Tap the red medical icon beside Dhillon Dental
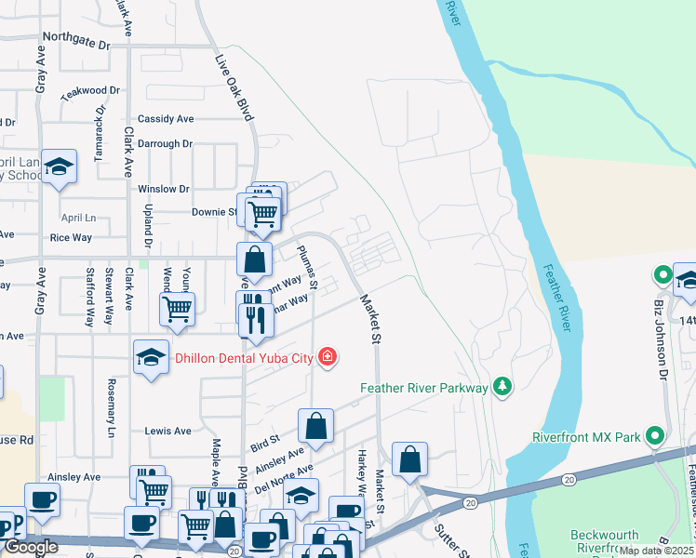tap(327, 356)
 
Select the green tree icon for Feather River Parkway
tap(502, 386)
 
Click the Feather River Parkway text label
tap(424, 388)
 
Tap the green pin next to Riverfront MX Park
tap(655, 435)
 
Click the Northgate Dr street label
tap(76, 38)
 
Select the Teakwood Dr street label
tap(90, 92)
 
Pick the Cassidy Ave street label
tap(166, 119)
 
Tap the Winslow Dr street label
tap(164, 189)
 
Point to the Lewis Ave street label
tap(167, 432)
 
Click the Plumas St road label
tap(307, 267)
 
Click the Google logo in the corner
tap(31, 548)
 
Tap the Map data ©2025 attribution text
tap(657, 551)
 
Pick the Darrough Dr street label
tap(164, 144)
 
